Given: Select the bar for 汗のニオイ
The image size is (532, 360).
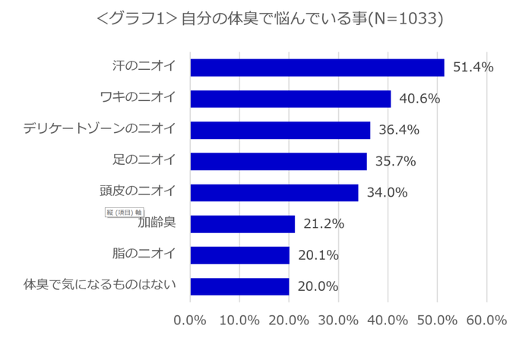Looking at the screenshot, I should [317, 68].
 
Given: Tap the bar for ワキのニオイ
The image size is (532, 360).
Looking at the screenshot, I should [290, 99].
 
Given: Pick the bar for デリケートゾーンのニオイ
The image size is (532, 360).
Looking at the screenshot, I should [280, 130].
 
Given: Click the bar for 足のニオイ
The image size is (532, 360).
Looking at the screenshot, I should [278, 161].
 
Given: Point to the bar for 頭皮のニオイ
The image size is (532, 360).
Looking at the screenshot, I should [274, 192].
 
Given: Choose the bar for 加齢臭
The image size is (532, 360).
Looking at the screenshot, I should [242, 224].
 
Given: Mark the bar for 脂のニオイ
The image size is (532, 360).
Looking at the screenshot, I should [239, 255].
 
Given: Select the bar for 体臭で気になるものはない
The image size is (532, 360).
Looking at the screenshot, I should [239, 286].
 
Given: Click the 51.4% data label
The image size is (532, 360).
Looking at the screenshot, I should [473, 68].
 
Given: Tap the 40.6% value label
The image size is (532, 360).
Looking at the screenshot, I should [420, 99].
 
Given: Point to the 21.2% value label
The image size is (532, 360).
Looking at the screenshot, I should [324, 224].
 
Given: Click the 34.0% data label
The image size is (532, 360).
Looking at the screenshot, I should [387, 192].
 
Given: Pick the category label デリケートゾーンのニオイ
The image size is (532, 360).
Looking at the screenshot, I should [100, 128].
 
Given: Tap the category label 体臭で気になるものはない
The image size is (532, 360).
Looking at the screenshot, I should [100, 285].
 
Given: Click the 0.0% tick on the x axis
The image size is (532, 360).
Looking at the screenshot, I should [190, 320].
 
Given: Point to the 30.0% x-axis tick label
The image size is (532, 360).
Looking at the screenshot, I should [338, 320].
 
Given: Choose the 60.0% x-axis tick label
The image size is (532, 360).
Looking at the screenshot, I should [486, 320].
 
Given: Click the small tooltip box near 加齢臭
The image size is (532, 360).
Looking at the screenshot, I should [123, 212].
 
